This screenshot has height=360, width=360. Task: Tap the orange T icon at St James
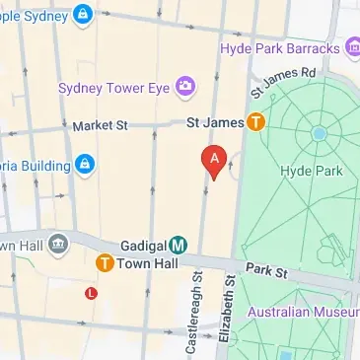point(255,123)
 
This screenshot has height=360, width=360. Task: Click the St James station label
point(214,123)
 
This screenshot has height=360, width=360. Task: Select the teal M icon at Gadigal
point(179,244)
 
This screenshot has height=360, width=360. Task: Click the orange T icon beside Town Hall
point(103,263)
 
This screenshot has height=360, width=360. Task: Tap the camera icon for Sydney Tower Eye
point(184,87)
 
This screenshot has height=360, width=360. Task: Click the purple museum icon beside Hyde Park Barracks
point(351,47)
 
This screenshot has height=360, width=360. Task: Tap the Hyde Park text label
point(308,171)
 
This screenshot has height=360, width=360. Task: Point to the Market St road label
point(100,126)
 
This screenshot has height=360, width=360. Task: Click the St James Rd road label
point(283,82)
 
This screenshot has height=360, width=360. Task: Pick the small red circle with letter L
point(91,292)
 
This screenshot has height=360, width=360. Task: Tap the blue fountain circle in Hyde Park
point(319,133)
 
